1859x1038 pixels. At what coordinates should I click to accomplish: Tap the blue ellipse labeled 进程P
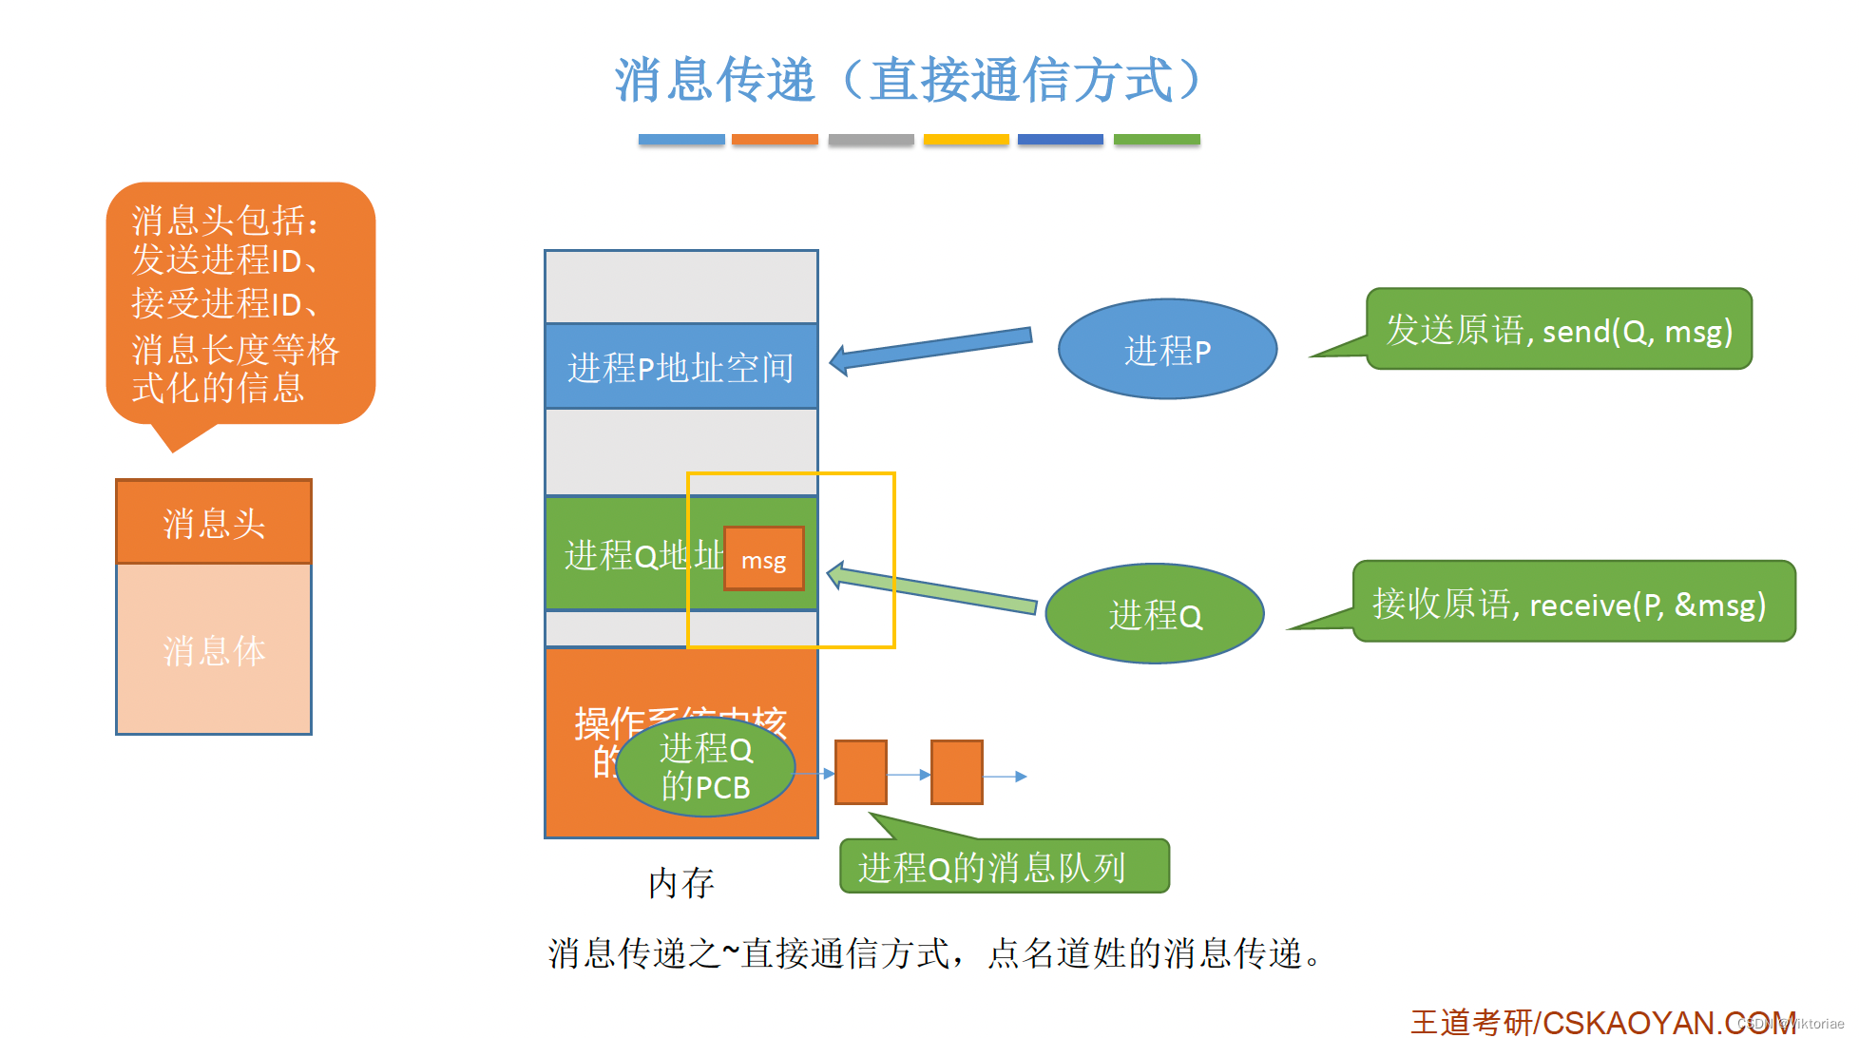click(1167, 350)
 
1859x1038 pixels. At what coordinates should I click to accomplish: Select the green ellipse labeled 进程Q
click(1155, 615)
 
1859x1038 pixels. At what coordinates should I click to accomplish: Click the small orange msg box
click(763, 560)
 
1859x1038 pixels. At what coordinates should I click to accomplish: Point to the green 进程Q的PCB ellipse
click(705, 768)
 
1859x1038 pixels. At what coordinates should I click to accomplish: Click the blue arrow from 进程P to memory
click(931, 348)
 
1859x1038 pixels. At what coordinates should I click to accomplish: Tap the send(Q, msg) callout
click(1559, 330)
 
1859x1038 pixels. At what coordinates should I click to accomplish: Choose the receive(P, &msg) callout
click(1573, 603)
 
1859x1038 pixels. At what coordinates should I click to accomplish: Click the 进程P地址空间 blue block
click(680, 367)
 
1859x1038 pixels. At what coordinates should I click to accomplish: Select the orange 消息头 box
click(214, 523)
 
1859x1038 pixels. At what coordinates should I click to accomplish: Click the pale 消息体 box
click(214, 650)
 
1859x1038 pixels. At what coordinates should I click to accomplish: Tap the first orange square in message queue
click(861, 773)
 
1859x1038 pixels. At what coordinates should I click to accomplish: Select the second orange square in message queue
click(956, 773)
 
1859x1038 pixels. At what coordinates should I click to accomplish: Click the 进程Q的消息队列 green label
click(1004, 867)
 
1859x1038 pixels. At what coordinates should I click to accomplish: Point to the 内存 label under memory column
click(680, 883)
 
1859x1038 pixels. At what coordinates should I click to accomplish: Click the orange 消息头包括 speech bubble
click(240, 304)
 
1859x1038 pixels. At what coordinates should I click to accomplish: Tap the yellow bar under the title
click(966, 140)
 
